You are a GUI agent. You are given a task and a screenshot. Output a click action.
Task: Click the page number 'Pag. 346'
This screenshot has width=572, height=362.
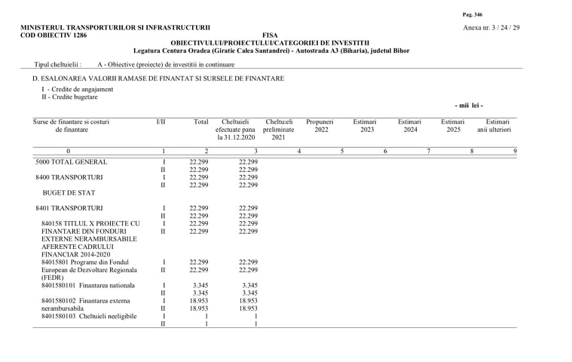472,14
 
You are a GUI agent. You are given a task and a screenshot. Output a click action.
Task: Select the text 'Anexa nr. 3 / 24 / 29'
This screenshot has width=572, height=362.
491,28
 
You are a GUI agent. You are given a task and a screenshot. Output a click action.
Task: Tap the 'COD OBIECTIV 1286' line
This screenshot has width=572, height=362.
54,35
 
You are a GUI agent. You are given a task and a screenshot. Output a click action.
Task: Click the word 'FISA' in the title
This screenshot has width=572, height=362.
270,35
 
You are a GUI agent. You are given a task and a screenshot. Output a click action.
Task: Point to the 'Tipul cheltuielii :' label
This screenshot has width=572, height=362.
58,65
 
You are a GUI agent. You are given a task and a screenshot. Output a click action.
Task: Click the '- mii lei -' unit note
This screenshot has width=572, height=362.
469,106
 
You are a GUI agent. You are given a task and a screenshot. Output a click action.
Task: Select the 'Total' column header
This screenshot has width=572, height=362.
200,121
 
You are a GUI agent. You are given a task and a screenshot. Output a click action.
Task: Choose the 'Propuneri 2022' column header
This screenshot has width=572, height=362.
321,125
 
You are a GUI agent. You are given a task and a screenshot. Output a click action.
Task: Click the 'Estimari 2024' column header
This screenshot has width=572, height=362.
409,125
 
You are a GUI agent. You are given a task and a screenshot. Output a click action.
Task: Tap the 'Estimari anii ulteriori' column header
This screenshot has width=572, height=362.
494,125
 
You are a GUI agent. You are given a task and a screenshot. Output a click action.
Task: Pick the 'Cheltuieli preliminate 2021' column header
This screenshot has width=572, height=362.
279,129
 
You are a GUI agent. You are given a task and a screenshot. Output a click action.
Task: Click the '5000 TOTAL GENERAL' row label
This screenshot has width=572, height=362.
72,162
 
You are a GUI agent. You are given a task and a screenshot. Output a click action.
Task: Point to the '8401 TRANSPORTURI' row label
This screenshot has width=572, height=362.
69,208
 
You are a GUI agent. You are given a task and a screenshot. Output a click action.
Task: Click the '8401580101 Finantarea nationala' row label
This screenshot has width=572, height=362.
88,285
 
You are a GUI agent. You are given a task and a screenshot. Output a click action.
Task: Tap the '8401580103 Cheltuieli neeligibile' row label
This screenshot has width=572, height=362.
89,316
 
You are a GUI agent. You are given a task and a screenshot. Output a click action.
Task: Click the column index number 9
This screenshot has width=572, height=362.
515,152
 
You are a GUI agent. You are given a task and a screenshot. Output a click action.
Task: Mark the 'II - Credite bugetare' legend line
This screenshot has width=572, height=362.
69,97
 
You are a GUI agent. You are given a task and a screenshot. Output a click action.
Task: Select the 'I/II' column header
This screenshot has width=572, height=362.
161,121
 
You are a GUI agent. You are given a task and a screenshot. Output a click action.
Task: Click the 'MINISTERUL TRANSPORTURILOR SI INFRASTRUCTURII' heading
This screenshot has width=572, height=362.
115,28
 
